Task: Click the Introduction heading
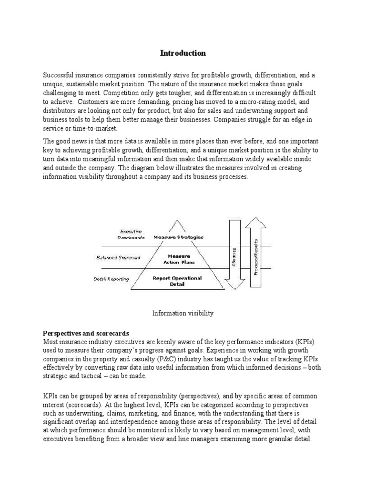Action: coord(183,53)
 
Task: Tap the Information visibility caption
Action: coord(183,313)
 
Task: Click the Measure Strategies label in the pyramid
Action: coord(178,237)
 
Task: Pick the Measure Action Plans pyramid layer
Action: coord(179,259)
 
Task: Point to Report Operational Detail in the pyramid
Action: coord(178,281)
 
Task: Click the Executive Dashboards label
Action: coord(130,234)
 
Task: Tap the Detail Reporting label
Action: coord(111,279)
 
